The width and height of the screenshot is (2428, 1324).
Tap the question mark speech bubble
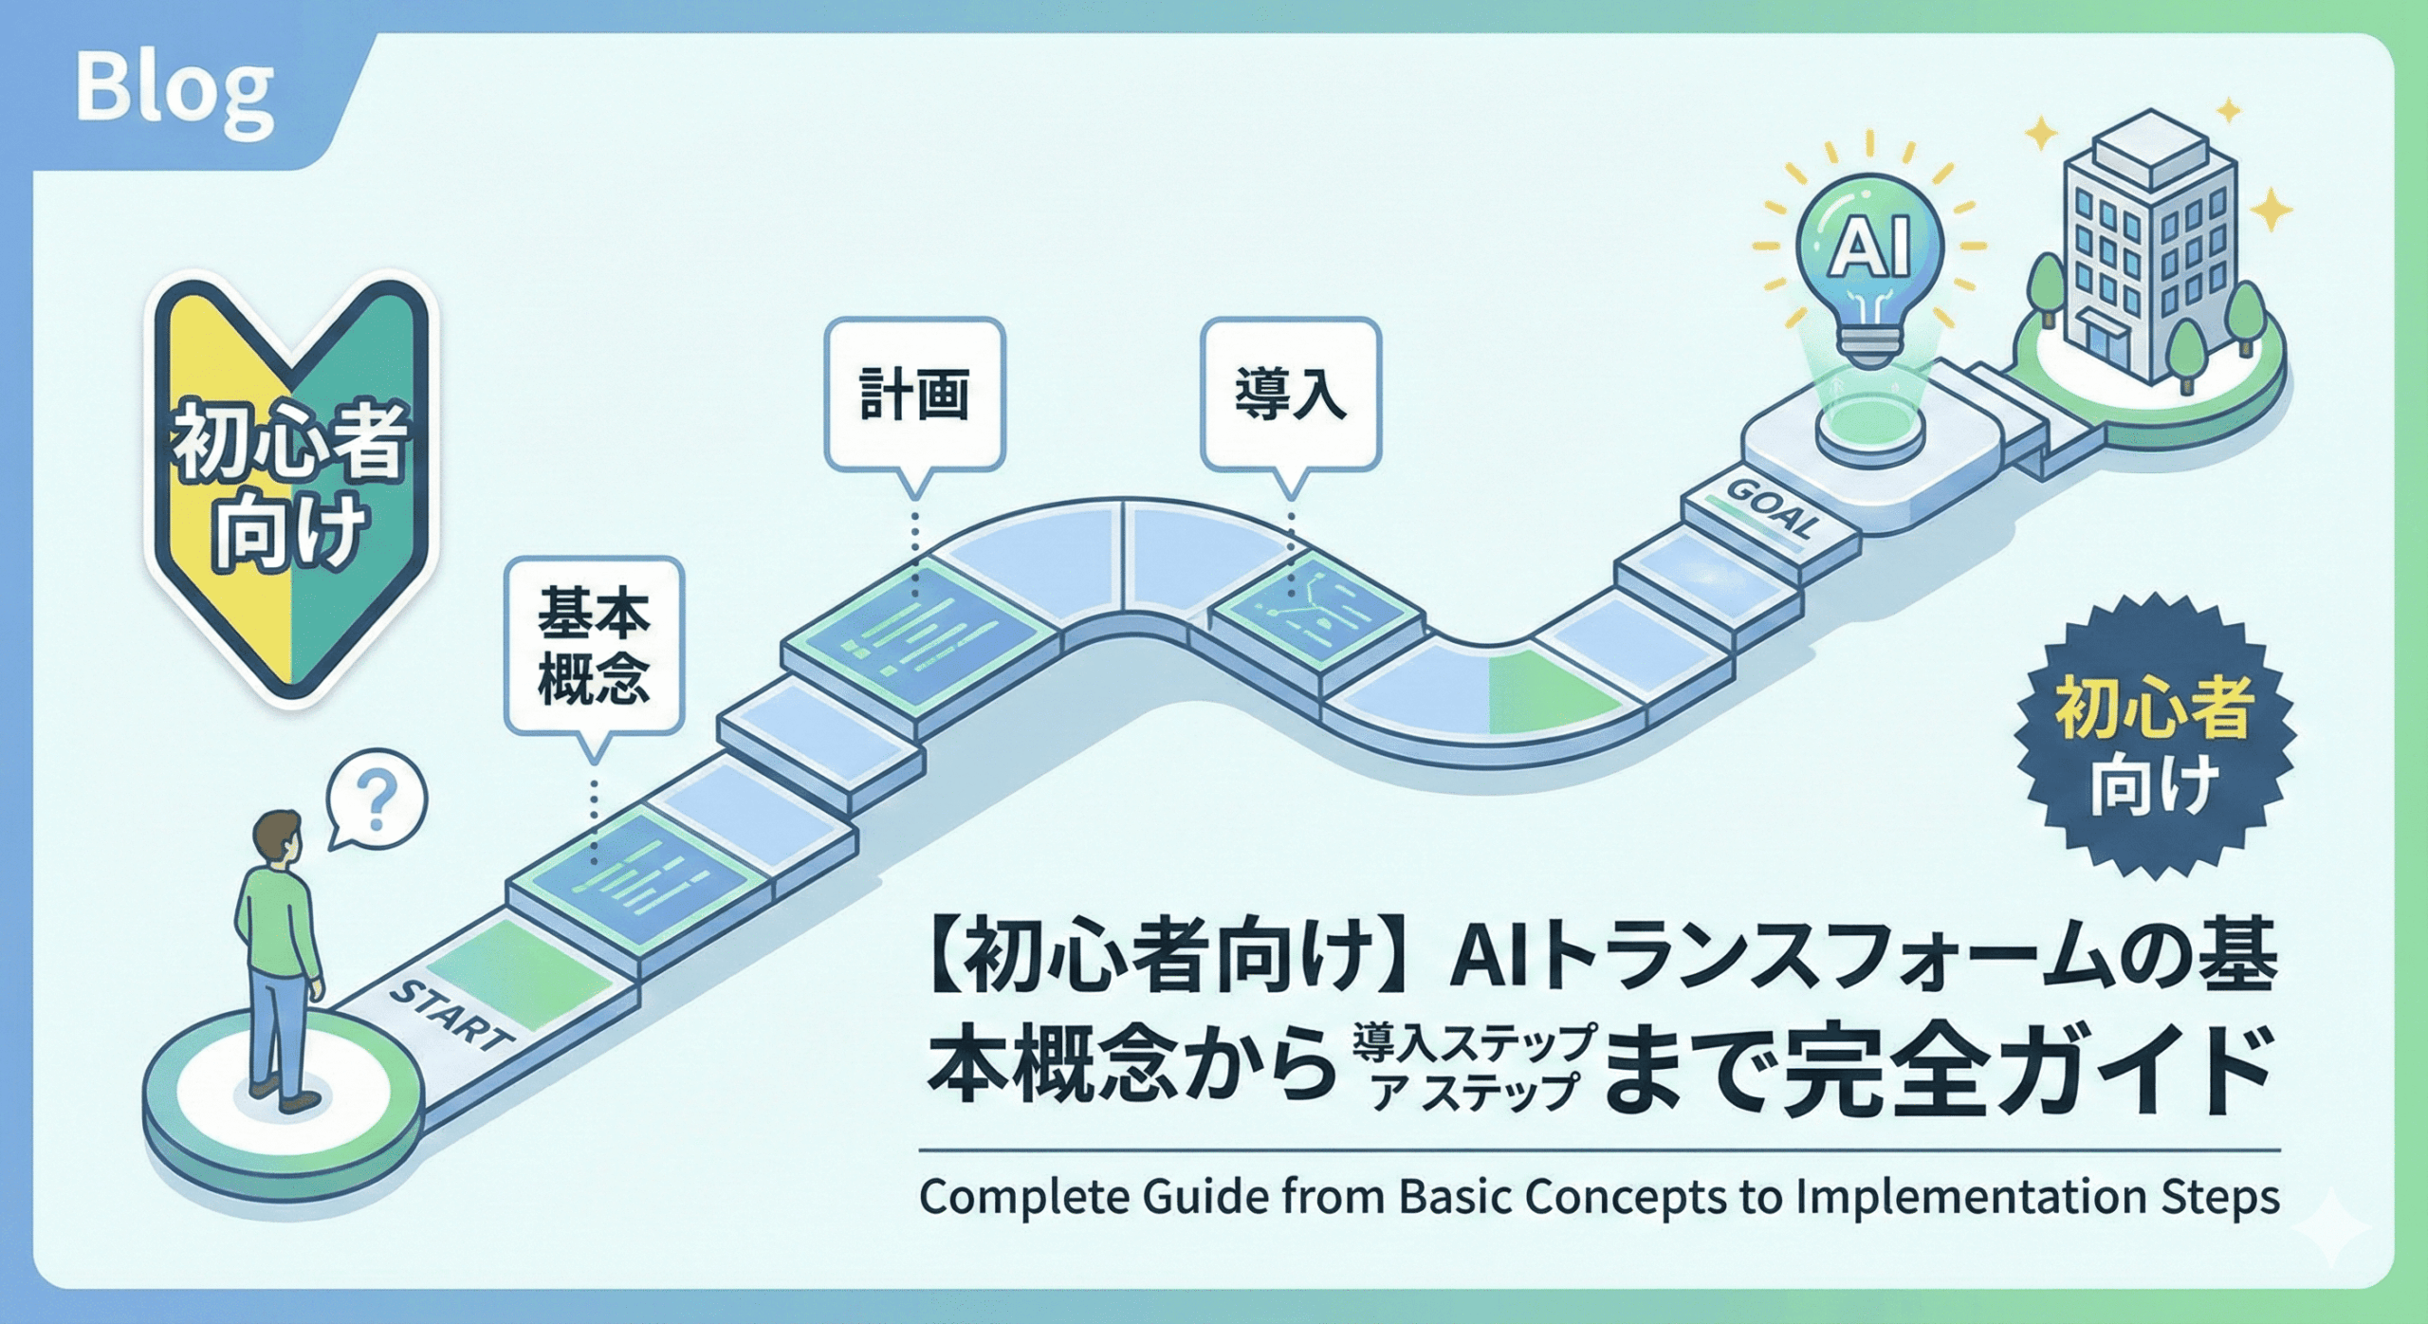click(377, 801)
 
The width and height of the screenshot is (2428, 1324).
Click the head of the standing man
click(278, 837)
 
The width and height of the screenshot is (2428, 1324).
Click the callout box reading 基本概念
click(594, 646)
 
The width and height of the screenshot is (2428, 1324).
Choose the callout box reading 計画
click(914, 395)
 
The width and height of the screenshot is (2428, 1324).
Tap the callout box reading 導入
click(1290, 395)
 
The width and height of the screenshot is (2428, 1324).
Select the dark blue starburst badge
click(2153, 735)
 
